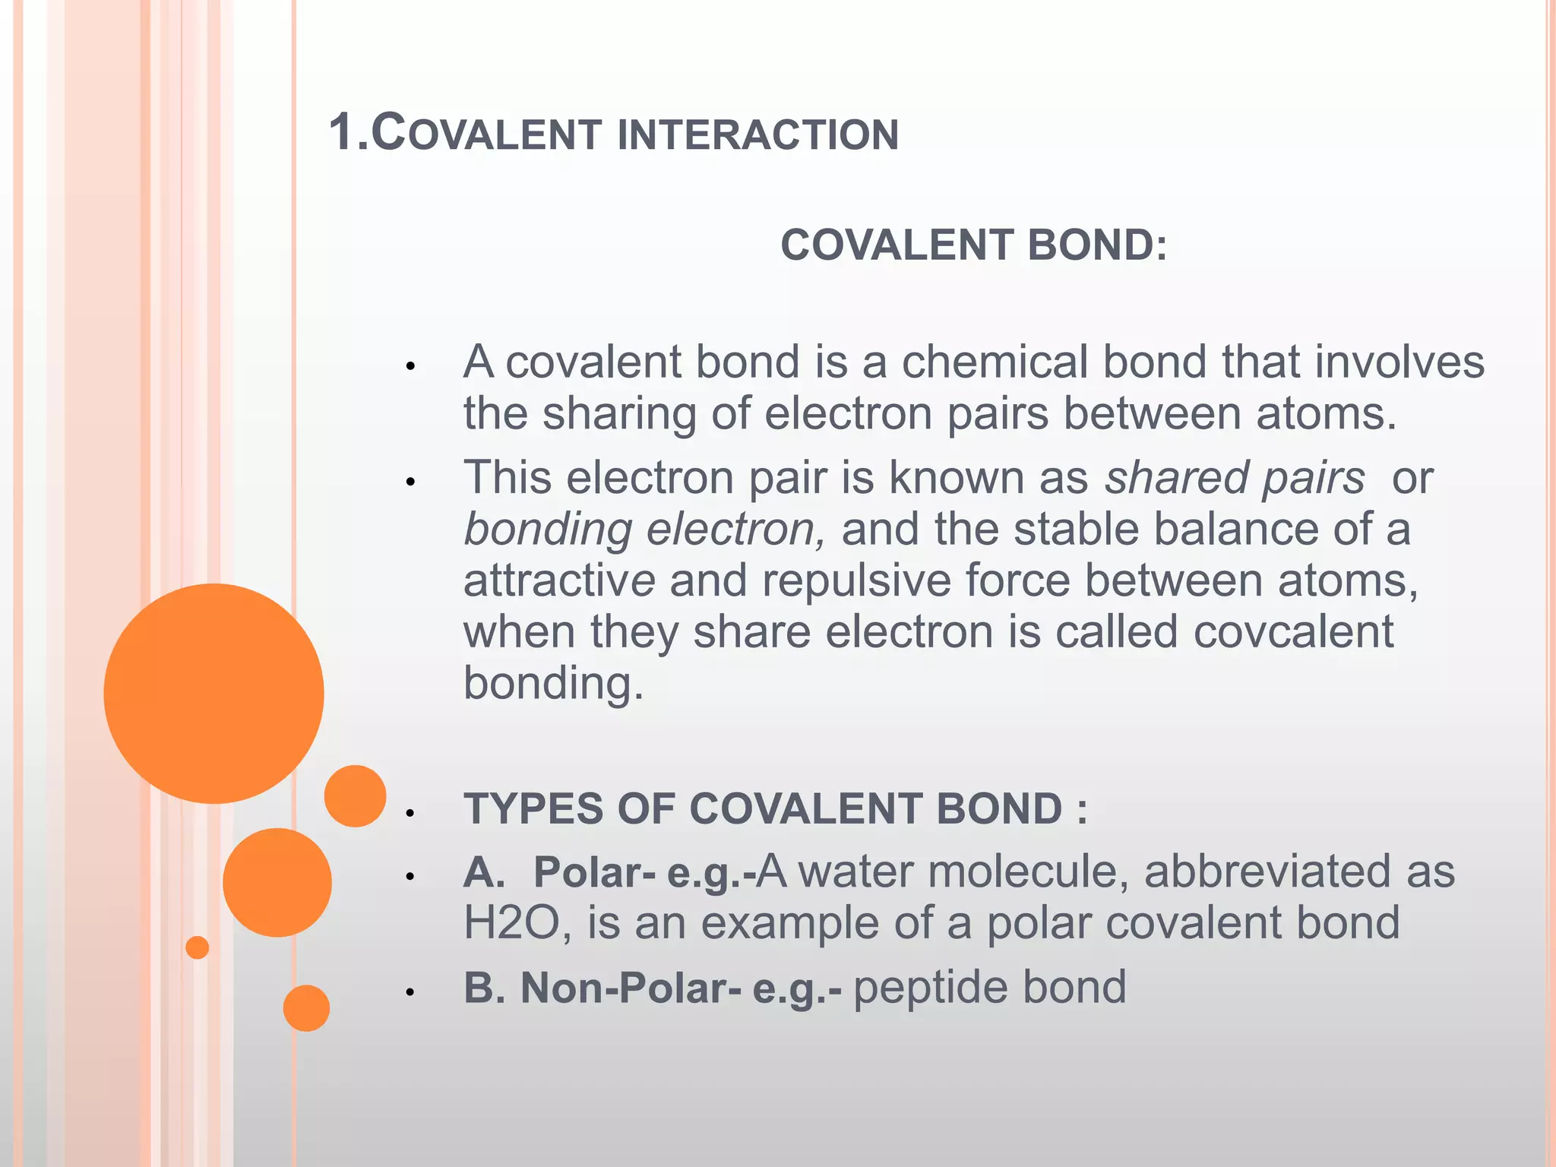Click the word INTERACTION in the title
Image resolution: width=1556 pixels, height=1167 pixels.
pos(757,135)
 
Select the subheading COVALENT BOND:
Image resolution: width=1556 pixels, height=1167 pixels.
pos(973,245)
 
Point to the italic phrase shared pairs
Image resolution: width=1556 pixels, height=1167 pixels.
pos(1234,479)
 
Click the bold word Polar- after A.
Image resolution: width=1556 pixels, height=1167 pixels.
pos(594,872)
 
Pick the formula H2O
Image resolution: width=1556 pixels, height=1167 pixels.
pos(511,924)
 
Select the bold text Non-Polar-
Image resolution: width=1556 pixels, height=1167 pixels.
pos(630,988)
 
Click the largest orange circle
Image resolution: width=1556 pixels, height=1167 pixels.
pos(213,693)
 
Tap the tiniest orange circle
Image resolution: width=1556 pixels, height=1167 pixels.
pos(197,947)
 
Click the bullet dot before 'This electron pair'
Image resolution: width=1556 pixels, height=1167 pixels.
pos(410,482)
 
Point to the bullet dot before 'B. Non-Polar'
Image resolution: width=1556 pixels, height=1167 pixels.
pos(410,992)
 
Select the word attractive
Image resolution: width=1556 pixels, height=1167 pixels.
pos(559,581)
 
